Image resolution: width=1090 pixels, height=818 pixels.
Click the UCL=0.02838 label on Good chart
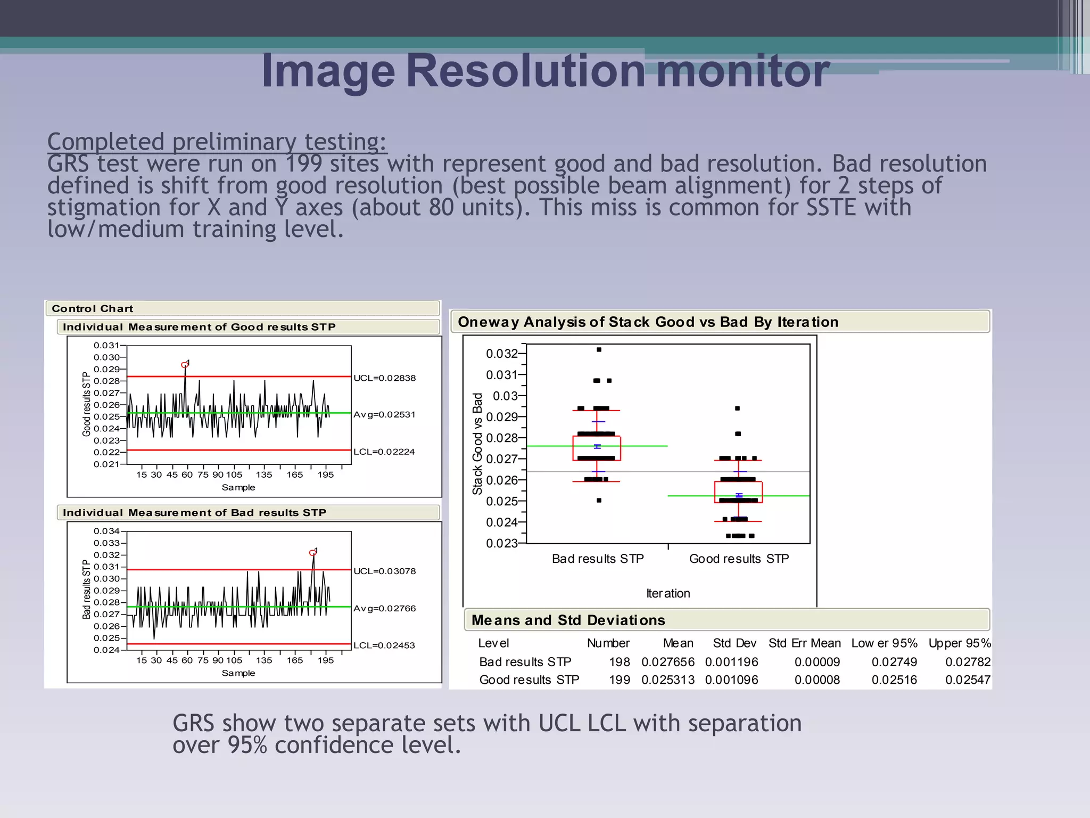pyautogui.click(x=384, y=378)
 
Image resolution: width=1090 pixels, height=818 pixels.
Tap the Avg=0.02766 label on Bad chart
pyautogui.click(x=384, y=608)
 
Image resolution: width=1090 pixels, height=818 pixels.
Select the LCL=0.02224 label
pyautogui.click(x=384, y=452)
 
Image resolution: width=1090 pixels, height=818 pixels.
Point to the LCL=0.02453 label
pyautogui.click(x=384, y=645)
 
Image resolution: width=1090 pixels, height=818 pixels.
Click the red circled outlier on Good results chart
pyautogui.click(x=185, y=365)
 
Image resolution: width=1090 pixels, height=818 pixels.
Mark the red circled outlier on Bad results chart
pyautogui.click(x=313, y=553)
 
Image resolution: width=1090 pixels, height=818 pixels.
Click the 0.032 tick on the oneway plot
pyautogui.click(x=501, y=354)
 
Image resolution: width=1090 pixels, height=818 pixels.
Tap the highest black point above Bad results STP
pyautogui.click(x=599, y=350)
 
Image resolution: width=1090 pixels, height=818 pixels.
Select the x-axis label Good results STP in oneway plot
pyautogui.click(x=739, y=559)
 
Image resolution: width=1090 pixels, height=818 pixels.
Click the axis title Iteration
pyautogui.click(x=668, y=593)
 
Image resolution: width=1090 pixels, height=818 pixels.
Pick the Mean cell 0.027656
pyautogui.click(x=668, y=662)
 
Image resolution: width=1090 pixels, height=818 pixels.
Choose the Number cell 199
pyautogui.click(x=620, y=680)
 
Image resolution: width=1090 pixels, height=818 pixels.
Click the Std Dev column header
pyautogui.click(x=734, y=643)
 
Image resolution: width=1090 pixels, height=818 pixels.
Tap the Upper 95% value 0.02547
pyautogui.click(x=968, y=680)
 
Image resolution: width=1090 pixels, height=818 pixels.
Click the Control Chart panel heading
pyautogui.click(x=93, y=309)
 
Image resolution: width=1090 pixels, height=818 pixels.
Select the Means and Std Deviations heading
pyautogui.click(x=568, y=620)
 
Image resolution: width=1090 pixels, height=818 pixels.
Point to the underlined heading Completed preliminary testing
pyautogui.click(x=217, y=142)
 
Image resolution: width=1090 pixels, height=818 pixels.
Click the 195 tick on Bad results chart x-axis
pyautogui.click(x=325, y=660)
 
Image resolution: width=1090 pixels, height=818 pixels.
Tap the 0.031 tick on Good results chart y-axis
pyautogui.click(x=106, y=346)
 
